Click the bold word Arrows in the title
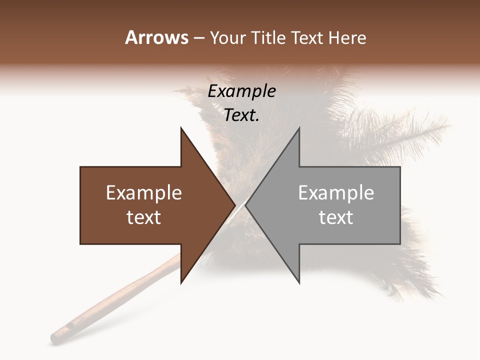[157, 38]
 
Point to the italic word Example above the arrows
[242, 91]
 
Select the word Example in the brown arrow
[144, 193]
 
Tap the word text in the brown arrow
[144, 217]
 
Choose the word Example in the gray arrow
[336, 193]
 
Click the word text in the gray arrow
[336, 217]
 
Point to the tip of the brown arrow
[235, 205]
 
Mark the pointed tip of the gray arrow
[245, 205]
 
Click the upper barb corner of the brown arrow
[181, 127]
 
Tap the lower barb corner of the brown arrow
[181, 283]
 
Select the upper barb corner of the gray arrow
[299, 127]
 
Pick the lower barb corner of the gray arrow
[299, 283]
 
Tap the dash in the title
[198, 38]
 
